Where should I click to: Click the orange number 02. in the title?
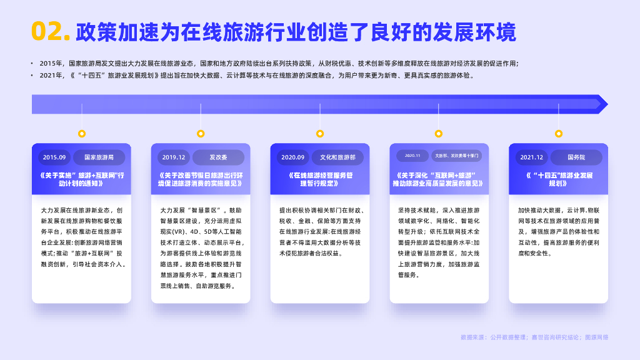click(x=51, y=31)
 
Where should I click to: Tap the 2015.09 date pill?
click(x=53, y=157)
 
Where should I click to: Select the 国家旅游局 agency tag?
click(x=99, y=157)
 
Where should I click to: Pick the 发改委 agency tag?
click(x=218, y=157)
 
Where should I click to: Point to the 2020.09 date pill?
click(x=292, y=157)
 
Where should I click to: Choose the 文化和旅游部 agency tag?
click(x=337, y=157)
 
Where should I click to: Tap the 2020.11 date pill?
click(x=412, y=156)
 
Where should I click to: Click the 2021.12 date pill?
click(x=531, y=157)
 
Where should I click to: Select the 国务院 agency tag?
click(x=576, y=157)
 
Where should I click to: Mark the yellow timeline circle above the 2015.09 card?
click(x=81, y=134)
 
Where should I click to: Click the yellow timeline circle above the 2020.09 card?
click(x=320, y=134)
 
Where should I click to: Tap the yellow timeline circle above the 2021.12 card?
click(x=559, y=134)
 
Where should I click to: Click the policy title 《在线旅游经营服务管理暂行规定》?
click(x=319, y=179)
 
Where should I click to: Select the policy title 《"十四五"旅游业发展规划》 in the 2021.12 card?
click(x=558, y=179)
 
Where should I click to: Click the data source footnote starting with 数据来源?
click(x=534, y=337)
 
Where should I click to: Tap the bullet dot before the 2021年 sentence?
click(x=32, y=76)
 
